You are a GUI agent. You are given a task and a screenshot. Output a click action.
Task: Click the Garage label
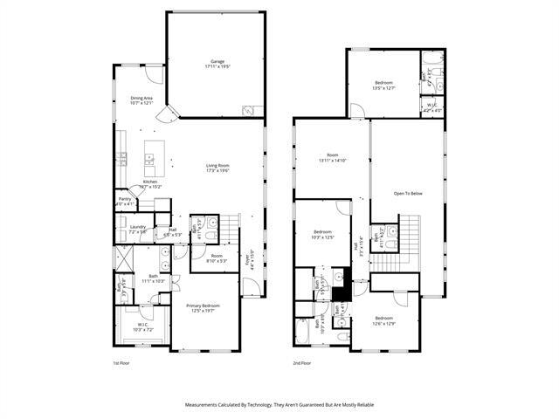tap(217, 64)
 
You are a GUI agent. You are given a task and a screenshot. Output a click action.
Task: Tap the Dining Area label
tap(141, 100)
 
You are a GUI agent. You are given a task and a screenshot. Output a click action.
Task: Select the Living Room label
tap(217, 168)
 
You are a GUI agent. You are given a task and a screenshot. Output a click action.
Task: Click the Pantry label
tap(125, 203)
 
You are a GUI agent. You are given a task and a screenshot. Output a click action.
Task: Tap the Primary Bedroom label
tap(203, 308)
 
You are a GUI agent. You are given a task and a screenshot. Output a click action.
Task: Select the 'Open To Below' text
tap(408, 193)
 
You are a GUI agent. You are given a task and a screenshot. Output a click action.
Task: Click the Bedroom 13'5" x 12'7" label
tap(384, 85)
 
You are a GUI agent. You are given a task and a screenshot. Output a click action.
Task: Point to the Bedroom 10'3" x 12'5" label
tap(323, 235)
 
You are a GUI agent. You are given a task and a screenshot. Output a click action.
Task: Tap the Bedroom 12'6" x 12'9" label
tap(384, 320)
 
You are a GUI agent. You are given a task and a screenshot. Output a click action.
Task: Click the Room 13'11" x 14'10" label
tap(332, 158)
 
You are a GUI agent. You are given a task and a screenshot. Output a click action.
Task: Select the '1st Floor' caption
tap(121, 362)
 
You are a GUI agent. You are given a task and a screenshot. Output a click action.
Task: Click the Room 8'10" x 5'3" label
tap(217, 258)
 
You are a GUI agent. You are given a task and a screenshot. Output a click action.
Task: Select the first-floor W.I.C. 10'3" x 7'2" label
tap(141, 327)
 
